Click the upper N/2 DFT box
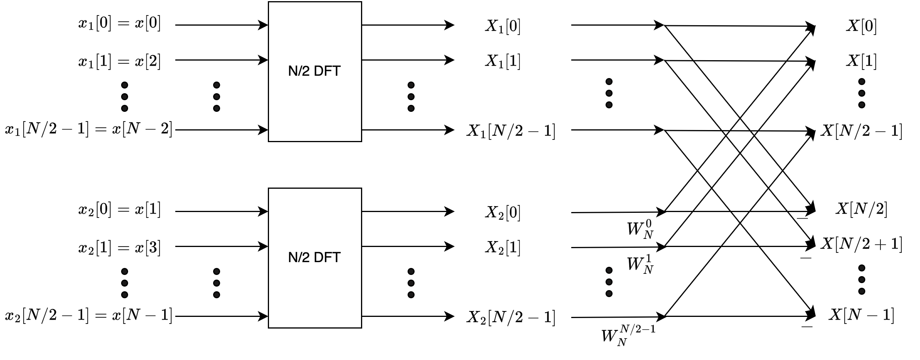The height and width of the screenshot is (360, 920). click(314, 71)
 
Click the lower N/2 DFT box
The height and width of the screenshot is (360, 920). click(314, 258)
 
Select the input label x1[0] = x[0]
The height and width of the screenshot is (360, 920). click(119, 24)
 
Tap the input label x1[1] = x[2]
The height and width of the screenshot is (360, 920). click(119, 61)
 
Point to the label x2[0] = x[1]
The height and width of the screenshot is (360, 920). click(119, 210)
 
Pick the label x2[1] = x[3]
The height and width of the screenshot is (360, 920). click(119, 247)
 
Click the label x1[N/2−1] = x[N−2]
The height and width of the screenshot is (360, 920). click(89, 129)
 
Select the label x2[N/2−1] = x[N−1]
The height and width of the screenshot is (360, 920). click(89, 316)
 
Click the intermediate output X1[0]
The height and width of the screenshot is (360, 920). click(503, 26)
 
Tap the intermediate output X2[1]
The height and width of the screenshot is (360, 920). click(503, 247)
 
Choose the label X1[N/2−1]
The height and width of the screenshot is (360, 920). click(510, 131)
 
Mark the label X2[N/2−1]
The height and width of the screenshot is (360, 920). click(510, 317)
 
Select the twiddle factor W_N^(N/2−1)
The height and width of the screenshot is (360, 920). click(628, 335)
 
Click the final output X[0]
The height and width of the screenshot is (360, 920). click(861, 26)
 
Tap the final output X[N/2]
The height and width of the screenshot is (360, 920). click(861, 209)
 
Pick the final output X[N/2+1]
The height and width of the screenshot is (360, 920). click(861, 244)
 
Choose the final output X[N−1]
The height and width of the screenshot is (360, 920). click(861, 315)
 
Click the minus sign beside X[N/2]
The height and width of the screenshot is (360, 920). click(802, 218)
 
